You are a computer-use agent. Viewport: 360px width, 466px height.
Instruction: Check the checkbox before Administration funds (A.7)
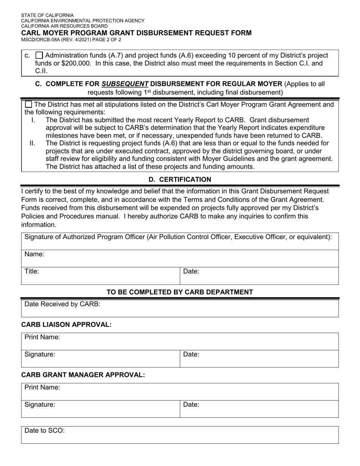pyautogui.click(x=39, y=55)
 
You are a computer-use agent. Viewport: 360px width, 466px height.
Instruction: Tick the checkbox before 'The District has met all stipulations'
pyautogui.click(x=28, y=105)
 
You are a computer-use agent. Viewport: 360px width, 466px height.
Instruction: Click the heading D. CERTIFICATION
pyautogui.click(x=180, y=179)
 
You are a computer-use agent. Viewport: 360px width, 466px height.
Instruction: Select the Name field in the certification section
pyautogui.click(x=180, y=258)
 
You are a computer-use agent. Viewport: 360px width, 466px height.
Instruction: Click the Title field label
pyautogui.click(x=32, y=271)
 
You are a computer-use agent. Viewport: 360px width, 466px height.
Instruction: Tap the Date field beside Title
pyautogui.click(x=259, y=276)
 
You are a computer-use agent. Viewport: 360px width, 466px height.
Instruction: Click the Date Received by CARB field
pyautogui.click(x=180, y=308)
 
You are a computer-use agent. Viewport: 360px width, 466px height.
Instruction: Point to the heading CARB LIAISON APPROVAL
pyautogui.click(x=66, y=325)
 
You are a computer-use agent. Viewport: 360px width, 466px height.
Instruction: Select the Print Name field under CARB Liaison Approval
pyautogui.click(x=180, y=341)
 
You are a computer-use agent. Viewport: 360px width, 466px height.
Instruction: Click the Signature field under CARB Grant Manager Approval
pyautogui.click(x=100, y=409)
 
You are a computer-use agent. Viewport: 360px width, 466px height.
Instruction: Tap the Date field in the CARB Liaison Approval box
pyautogui.click(x=259, y=359)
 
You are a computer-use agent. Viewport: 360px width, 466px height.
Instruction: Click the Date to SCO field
pyautogui.click(x=180, y=435)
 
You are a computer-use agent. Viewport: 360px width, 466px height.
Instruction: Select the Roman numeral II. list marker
pyautogui.click(x=32, y=143)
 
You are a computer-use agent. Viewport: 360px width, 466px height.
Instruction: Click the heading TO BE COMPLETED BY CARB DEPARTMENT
pyautogui.click(x=180, y=292)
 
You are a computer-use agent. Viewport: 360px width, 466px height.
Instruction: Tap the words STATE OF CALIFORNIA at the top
pyautogui.click(x=47, y=16)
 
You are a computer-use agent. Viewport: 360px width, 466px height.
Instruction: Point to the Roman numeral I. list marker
pyautogui.click(x=33, y=120)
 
